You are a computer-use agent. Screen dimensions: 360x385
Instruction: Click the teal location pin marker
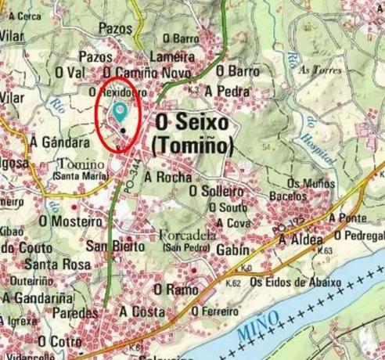pyautogui.click(x=120, y=111)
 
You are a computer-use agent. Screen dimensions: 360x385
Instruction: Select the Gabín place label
pyautogui.click(x=230, y=249)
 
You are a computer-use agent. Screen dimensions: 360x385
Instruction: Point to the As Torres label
pyautogui.click(x=315, y=70)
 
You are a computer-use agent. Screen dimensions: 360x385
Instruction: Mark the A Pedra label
pyautogui.click(x=226, y=91)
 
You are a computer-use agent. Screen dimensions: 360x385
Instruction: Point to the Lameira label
pyautogui.click(x=171, y=57)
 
